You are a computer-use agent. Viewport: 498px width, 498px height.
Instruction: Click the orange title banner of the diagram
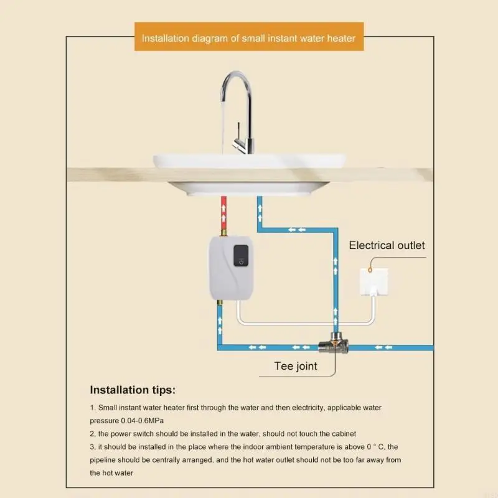click(248, 38)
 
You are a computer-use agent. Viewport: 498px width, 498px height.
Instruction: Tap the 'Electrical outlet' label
click(387, 245)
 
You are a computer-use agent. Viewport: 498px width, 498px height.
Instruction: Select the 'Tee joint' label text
click(296, 366)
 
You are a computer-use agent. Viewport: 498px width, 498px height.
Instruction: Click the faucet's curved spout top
click(236, 77)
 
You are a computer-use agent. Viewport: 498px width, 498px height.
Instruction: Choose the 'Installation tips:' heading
click(133, 390)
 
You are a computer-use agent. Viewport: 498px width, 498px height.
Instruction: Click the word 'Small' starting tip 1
click(108, 407)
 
